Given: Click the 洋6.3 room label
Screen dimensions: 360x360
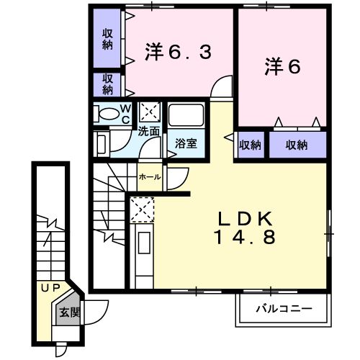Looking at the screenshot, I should (x=179, y=52).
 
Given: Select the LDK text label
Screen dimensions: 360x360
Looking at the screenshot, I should (x=244, y=217).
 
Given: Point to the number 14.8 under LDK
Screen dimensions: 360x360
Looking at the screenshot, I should (x=244, y=237).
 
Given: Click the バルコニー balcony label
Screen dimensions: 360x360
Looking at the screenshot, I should (x=284, y=308).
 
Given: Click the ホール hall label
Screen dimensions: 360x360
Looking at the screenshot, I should (x=149, y=176).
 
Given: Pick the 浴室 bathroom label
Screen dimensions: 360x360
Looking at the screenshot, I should (x=186, y=143).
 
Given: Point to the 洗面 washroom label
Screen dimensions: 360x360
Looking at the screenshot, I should (x=149, y=132).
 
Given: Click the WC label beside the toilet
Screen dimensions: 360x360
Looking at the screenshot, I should (x=125, y=114).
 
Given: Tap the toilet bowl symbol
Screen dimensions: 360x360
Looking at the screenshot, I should (x=107, y=114).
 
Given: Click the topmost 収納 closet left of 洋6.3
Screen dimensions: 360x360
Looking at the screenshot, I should (x=107, y=37).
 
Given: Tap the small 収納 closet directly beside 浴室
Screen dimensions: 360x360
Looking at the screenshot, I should (x=249, y=145).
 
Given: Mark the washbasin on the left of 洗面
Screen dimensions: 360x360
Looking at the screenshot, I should (x=101, y=143).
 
